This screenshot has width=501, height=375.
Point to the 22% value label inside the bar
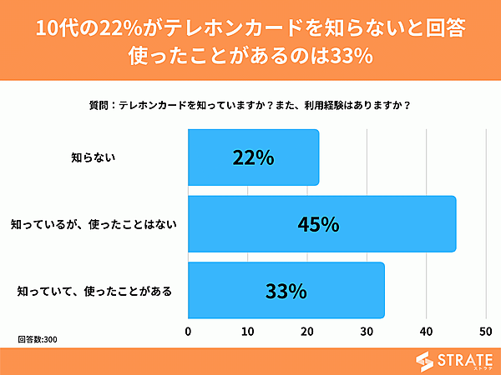[x=253, y=157]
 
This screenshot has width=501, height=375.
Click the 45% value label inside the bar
[x=319, y=224]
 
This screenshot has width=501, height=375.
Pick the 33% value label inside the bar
[x=286, y=291]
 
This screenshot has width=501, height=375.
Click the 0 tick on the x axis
[x=189, y=332]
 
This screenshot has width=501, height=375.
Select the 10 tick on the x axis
[x=248, y=332]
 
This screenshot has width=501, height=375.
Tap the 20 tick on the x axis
[x=307, y=332]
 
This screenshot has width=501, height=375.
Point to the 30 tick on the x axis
[x=367, y=332]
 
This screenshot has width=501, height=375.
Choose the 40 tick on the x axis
[x=426, y=332]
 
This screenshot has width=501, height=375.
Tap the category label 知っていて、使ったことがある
[x=94, y=291]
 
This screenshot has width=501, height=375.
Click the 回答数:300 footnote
[x=38, y=340]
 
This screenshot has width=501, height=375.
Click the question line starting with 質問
[x=250, y=106]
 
